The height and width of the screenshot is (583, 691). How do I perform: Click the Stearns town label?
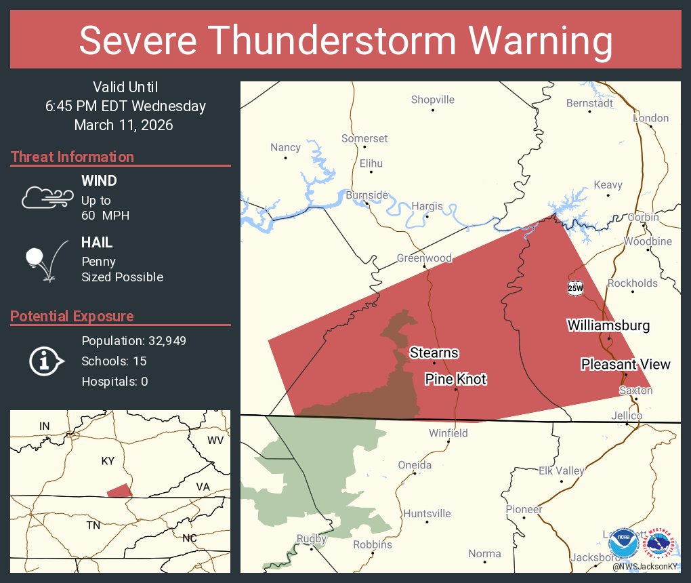(434, 353)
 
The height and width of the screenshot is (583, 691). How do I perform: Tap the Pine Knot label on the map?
(455, 379)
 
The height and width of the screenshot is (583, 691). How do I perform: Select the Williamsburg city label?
(608, 325)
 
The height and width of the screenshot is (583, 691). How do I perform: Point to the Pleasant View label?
(625, 364)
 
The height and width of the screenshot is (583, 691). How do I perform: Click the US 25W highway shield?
(575, 287)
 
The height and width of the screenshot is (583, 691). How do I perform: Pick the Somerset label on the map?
(364, 138)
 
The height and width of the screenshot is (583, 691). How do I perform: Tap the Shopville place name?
(433, 100)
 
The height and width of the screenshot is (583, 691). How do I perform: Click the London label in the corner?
(650, 118)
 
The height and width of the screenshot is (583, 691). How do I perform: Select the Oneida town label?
(415, 464)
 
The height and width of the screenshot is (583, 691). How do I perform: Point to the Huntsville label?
(427, 513)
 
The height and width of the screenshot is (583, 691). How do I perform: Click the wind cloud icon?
(47, 197)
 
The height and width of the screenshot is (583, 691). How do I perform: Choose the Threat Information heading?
(72, 157)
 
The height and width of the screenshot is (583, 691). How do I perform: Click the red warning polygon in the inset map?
(119, 490)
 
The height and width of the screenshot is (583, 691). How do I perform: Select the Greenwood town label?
(424, 258)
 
